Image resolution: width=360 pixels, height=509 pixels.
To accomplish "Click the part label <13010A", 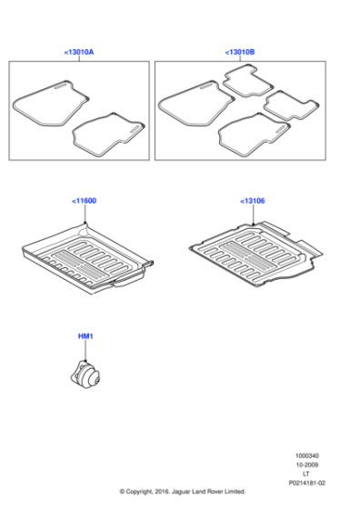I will [x=79, y=53].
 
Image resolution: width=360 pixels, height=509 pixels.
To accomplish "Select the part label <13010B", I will [x=240, y=53].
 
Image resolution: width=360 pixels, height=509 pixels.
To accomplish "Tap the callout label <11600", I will [x=84, y=201].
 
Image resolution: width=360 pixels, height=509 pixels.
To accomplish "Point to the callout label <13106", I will [x=253, y=201].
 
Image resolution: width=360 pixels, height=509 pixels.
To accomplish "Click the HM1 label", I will [x=85, y=336].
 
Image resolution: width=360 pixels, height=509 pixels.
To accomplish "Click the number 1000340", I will [x=307, y=455].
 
